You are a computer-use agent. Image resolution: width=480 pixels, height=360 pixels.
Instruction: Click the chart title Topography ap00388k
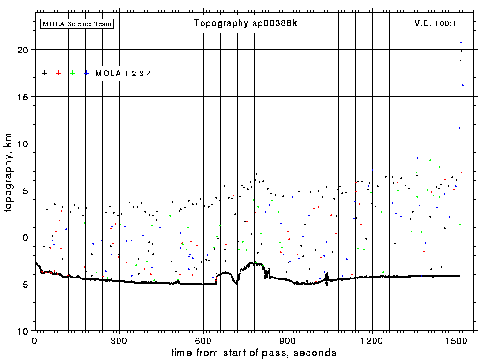click(x=245, y=23)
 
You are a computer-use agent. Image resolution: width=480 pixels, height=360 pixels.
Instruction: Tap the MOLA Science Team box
click(x=77, y=23)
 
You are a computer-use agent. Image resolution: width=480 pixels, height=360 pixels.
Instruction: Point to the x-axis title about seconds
click(x=254, y=352)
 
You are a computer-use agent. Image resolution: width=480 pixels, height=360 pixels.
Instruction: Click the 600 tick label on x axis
click(x=203, y=340)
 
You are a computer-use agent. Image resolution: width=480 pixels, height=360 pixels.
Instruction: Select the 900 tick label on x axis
click(x=288, y=340)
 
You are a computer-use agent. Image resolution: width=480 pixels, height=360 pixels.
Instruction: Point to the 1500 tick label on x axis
click(x=457, y=340)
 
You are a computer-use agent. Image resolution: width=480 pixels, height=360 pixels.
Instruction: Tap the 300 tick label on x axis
click(x=119, y=340)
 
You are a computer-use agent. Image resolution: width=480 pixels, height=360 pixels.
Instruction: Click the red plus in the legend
click(x=59, y=73)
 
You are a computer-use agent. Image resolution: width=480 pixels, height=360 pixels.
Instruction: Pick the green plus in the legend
click(x=73, y=73)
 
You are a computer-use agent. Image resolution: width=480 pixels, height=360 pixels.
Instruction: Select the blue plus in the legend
click(x=87, y=73)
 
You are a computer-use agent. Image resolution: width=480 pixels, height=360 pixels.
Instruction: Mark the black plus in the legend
click(x=45, y=73)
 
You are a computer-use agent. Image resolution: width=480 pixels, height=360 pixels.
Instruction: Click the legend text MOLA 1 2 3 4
click(x=123, y=74)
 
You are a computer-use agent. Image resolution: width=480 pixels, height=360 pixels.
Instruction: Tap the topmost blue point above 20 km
click(x=461, y=43)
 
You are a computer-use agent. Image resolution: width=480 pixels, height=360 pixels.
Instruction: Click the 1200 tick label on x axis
click(x=372, y=340)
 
